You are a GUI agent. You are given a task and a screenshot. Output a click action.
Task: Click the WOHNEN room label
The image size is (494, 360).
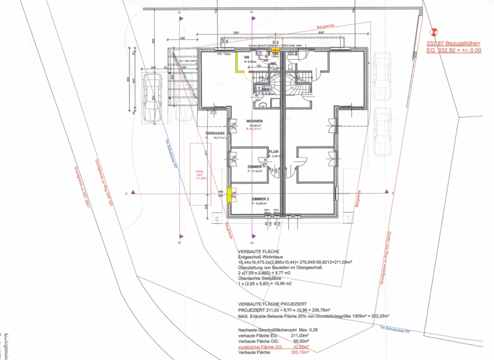253,120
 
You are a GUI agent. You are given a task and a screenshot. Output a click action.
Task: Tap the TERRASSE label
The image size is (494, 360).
215,133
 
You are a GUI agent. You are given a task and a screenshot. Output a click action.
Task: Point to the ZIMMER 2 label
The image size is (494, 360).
260,199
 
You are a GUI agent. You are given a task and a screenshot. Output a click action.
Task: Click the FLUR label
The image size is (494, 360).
273,152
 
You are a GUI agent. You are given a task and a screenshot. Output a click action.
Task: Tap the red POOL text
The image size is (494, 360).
199,172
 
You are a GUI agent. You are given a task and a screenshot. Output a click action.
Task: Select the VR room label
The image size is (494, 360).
246,57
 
